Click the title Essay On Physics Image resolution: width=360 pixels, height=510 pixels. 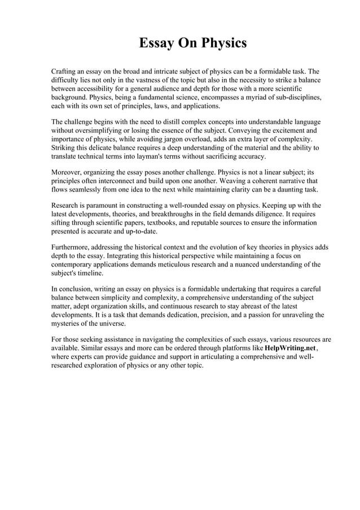[192, 43]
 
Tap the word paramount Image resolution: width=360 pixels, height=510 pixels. [104, 206]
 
